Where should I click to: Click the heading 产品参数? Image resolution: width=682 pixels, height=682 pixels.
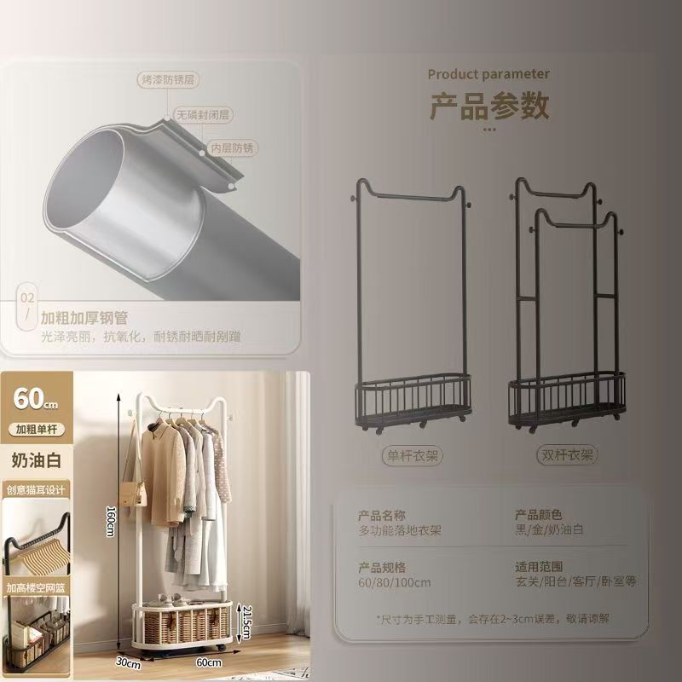(488, 107)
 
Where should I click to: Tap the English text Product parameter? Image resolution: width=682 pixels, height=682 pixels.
(488, 74)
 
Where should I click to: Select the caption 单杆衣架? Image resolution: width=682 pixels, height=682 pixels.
(412, 456)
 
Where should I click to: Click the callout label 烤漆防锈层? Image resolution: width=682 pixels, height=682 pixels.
(167, 80)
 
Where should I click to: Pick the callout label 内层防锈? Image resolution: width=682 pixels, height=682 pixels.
(233, 147)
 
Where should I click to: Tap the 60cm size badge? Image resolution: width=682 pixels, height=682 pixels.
(35, 397)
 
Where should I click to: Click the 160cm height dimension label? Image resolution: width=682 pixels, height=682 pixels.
(110, 517)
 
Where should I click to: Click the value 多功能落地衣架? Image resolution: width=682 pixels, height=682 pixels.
(400, 530)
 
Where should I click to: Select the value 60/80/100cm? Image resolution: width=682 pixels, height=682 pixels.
(395, 582)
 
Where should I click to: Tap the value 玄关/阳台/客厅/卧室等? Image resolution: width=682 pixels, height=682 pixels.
(576, 582)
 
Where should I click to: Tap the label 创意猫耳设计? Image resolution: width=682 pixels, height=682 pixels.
(35, 490)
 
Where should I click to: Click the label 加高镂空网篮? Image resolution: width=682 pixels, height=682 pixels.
(35, 587)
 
